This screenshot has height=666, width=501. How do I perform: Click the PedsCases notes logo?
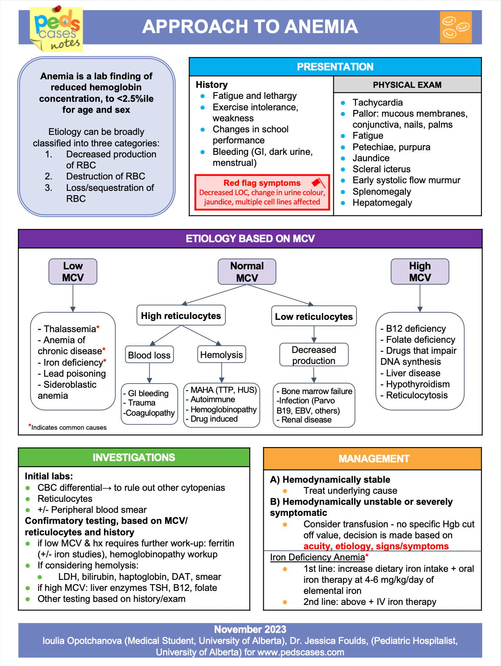[x=56, y=29]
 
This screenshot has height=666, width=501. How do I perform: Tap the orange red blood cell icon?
[x=456, y=27]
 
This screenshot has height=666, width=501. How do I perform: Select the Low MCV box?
[x=73, y=271]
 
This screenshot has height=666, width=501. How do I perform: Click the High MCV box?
[x=419, y=271]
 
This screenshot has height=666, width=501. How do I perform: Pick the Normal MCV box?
[x=247, y=272]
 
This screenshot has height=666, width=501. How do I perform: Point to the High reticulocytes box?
[x=181, y=316]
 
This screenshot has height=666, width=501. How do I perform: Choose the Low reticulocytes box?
[x=314, y=316]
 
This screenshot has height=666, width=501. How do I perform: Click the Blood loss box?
[x=149, y=355]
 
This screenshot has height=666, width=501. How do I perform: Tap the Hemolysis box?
[x=221, y=355]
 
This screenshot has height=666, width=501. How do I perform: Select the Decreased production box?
[x=314, y=355]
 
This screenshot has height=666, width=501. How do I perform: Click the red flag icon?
[x=318, y=182]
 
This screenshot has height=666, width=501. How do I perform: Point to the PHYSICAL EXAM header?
[x=407, y=85]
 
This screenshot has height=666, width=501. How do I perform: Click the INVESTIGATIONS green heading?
[x=134, y=457]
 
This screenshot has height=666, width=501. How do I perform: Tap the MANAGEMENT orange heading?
[x=374, y=459]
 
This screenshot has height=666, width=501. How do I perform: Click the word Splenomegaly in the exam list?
[x=382, y=191]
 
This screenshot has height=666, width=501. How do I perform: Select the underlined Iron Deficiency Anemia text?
[x=318, y=557]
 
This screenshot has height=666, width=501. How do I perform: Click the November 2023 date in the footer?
[x=250, y=629]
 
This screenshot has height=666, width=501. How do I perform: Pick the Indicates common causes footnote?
[x=69, y=427]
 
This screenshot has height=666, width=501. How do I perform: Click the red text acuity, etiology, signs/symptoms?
[x=376, y=546]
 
